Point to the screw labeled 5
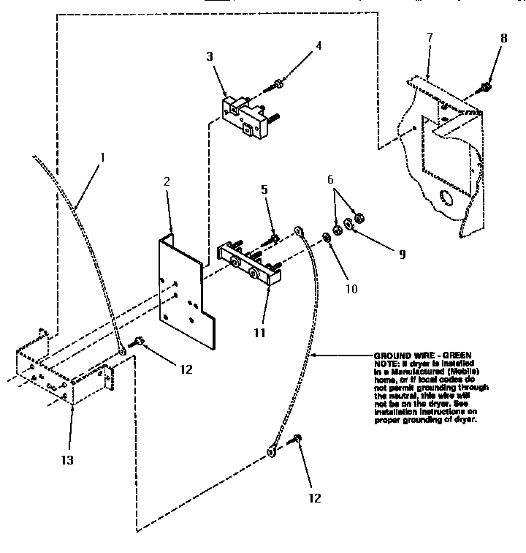272,237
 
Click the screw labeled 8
486,88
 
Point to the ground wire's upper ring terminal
300,233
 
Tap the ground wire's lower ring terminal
270,451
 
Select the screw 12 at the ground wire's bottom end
297,440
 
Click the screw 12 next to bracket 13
137,342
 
